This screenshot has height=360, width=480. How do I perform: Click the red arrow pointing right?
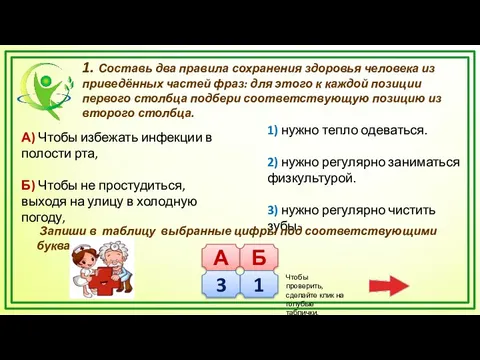click(385, 284)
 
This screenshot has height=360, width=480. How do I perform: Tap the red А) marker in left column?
click(28, 137)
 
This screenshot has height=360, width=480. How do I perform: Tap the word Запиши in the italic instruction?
click(63, 230)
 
